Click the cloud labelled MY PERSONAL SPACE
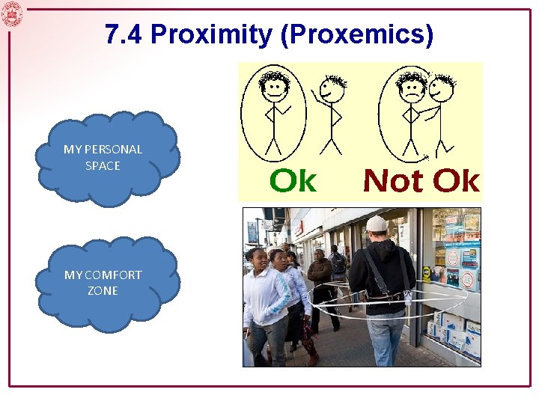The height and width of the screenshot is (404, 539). pos(107,158)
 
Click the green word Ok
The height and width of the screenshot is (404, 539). pos(293,181)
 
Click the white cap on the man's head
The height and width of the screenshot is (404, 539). pos(377,223)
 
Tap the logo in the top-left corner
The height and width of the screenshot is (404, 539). pos(12,13)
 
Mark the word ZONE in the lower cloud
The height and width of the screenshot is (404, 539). pos(103,291)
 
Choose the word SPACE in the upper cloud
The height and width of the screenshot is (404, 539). pos(103,165)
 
